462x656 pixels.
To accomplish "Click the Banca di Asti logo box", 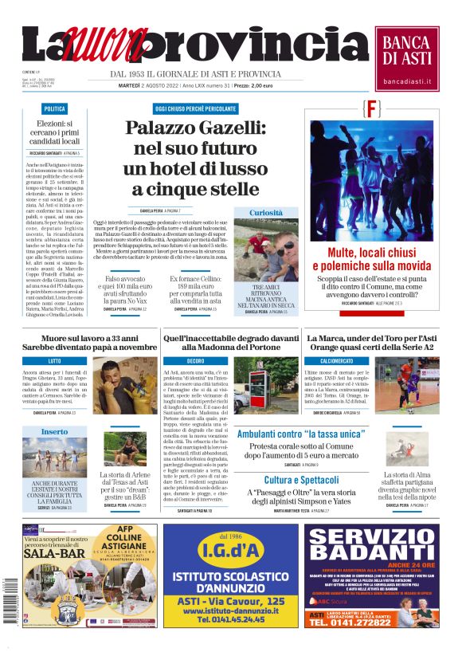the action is click(x=406, y=57).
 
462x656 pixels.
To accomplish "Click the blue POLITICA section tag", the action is click(x=55, y=108).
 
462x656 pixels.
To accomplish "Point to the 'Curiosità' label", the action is click(x=266, y=213).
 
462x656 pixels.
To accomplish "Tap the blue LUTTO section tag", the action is click(x=54, y=361).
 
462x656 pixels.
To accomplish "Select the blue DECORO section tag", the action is click(x=196, y=361).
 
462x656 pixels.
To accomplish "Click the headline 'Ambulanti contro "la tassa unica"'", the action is click(x=301, y=434).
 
